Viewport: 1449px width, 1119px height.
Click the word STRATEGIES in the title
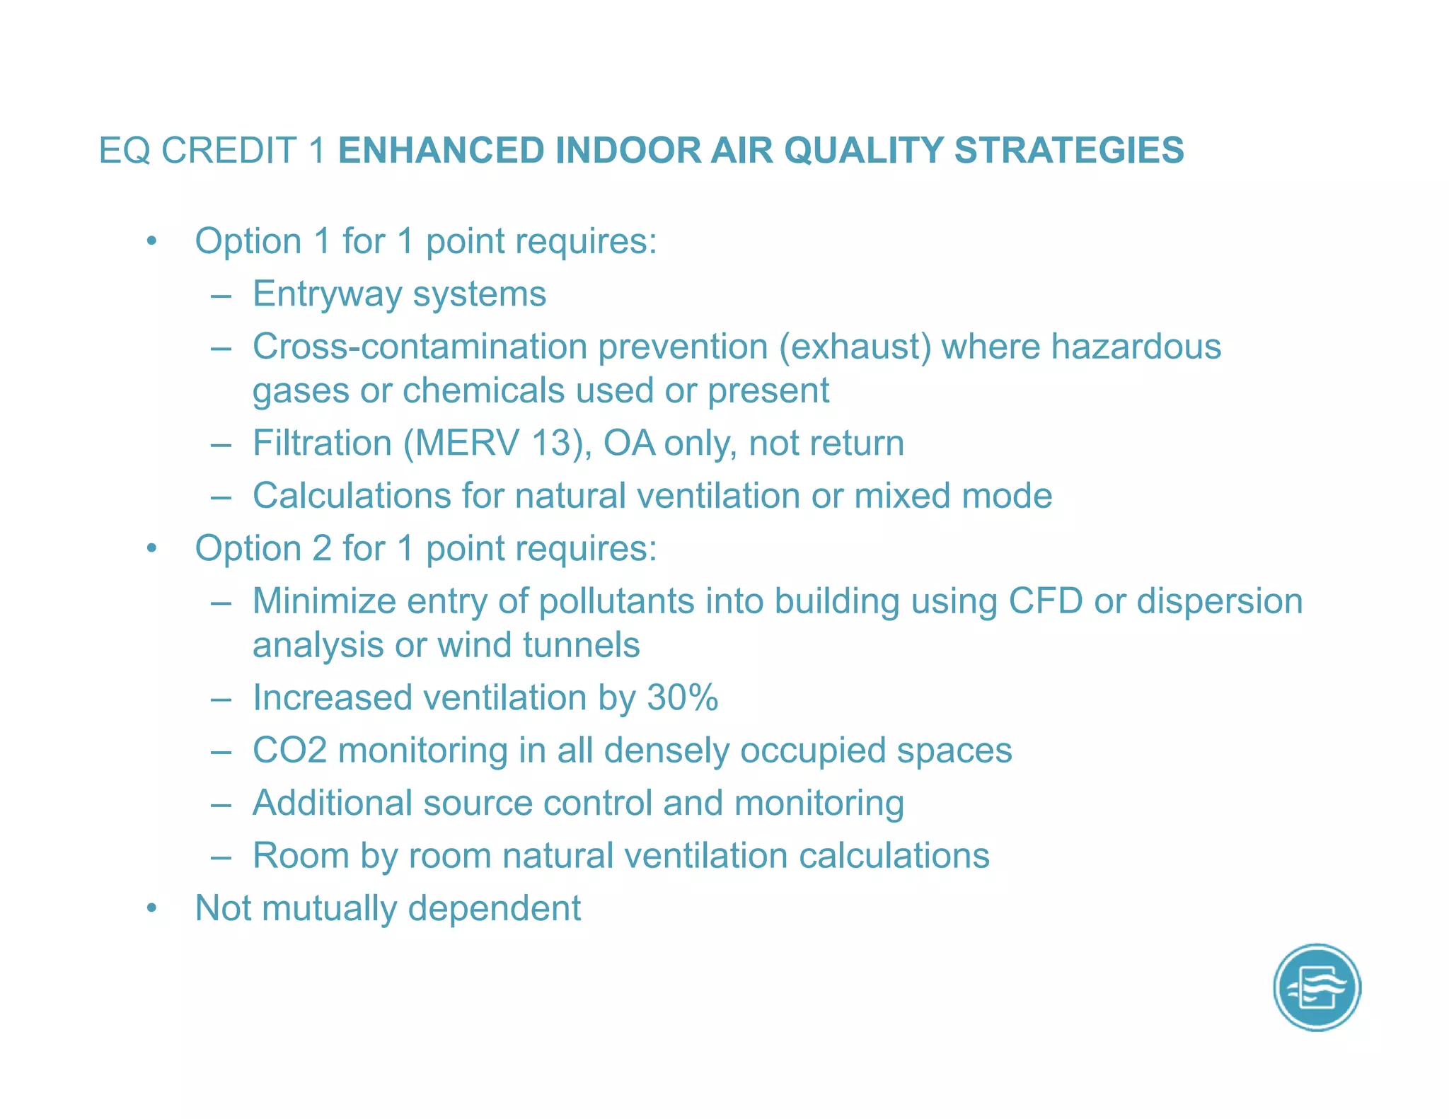(x=1069, y=151)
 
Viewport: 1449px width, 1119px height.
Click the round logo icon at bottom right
(x=1317, y=987)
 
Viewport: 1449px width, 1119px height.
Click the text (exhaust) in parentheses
(x=855, y=347)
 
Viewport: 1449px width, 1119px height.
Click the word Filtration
(x=323, y=443)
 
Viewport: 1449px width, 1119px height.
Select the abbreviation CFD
(x=1046, y=601)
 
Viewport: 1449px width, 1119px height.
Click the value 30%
(x=682, y=697)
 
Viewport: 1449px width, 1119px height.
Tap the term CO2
(x=289, y=750)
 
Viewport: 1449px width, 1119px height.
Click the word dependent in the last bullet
(x=494, y=908)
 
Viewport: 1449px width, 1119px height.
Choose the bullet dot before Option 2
(x=151, y=548)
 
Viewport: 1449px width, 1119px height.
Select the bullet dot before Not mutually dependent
(x=151, y=908)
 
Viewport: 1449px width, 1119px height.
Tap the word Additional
(x=333, y=803)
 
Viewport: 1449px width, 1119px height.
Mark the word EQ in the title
(x=125, y=151)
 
